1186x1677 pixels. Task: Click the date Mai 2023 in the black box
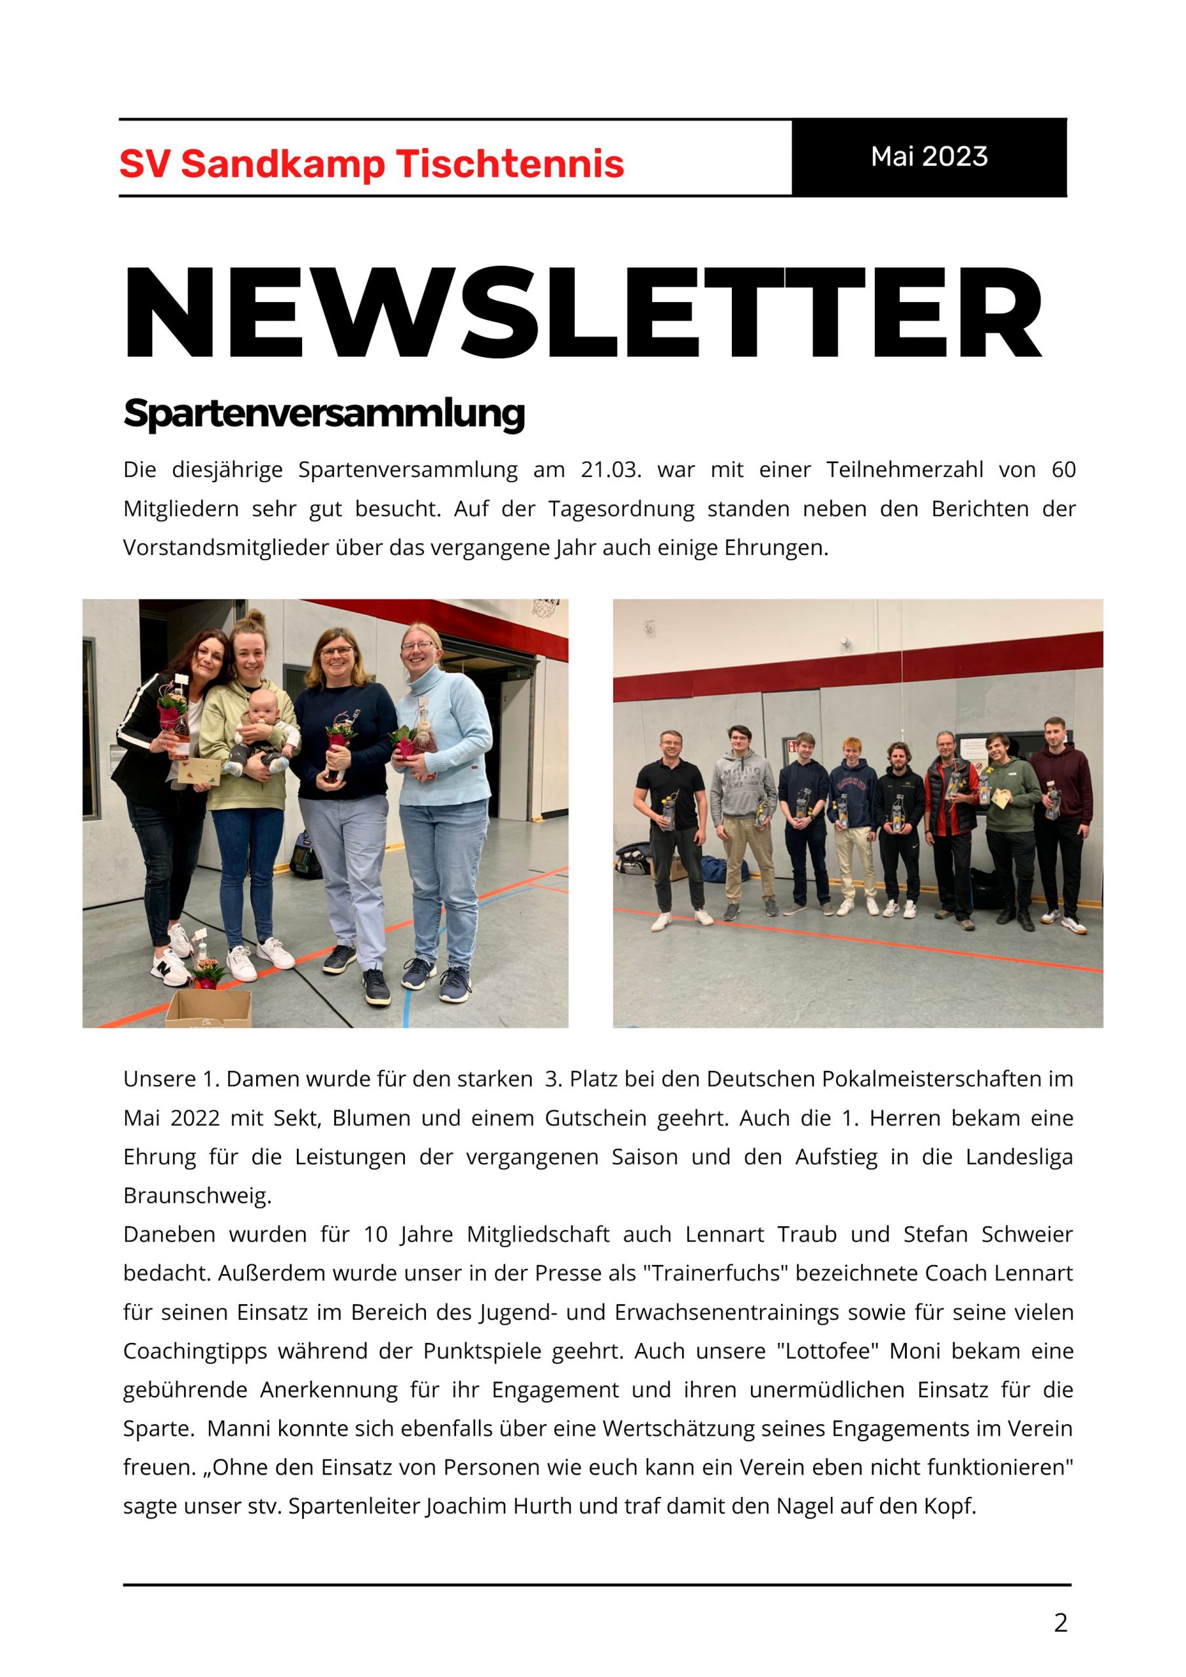point(928,157)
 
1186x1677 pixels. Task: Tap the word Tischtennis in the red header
point(510,164)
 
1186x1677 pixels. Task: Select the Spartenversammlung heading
point(324,413)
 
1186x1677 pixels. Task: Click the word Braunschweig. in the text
point(197,1196)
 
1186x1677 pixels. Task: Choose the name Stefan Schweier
point(988,1234)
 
